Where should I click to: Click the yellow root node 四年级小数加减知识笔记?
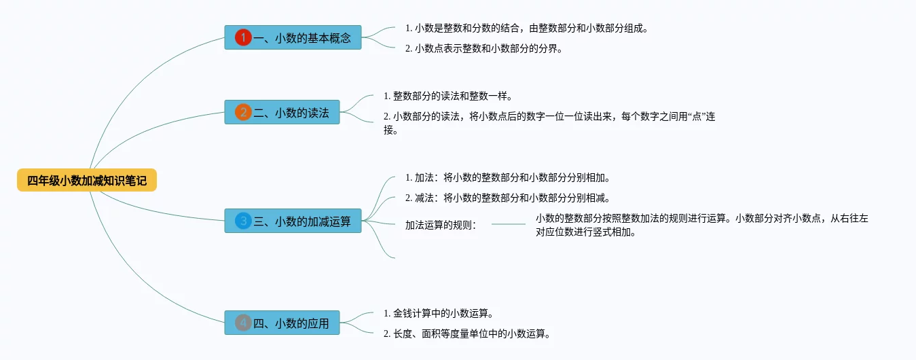(x=87, y=180)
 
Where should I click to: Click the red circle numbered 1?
(x=243, y=38)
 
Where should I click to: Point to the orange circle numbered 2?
(x=243, y=113)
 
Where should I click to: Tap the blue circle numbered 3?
(x=243, y=221)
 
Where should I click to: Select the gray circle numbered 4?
(x=243, y=323)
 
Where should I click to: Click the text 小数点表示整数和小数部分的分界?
(x=483, y=48)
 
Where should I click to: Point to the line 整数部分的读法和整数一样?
(x=447, y=96)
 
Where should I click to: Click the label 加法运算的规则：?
(x=441, y=224)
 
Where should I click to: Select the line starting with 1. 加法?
(x=507, y=179)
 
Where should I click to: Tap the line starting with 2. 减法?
(x=507, y=198)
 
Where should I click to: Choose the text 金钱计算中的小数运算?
(x=437, y=314)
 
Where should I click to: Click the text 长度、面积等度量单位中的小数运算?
(x=466, y=334)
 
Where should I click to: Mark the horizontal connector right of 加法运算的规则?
(x=508, y=223)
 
